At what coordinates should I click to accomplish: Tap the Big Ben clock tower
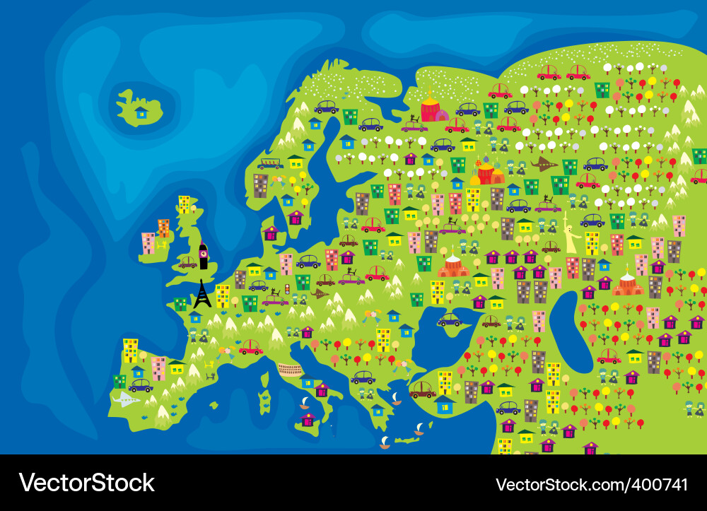204,256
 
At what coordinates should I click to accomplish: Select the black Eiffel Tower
202,293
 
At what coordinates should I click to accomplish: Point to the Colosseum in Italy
290,368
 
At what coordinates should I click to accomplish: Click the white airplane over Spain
126,400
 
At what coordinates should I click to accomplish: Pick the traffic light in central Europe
288,290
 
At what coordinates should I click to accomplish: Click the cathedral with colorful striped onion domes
487,172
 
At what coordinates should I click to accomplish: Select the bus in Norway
270,164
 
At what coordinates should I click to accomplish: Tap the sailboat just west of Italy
304,403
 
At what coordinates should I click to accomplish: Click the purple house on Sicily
308,419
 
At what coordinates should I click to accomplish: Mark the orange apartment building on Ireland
163,228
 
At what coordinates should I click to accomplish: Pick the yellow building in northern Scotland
184,204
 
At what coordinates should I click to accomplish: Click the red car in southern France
251,348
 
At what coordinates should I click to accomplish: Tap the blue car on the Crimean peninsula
450,320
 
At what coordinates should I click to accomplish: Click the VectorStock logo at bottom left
86,483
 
